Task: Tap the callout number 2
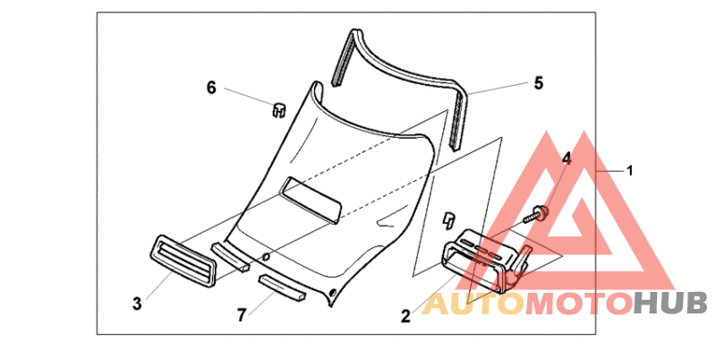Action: [x=405, y=315]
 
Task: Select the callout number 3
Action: [x=136, y=304]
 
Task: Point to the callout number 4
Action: [x=566, y=159]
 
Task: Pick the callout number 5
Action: [x=538, y=83]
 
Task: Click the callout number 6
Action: [x=211, y=87]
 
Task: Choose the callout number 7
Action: [x=241, y=315]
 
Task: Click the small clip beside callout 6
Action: [x=278, y=109]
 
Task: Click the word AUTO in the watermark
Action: [x=473, y=304]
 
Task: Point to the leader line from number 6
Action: [x=245, y=96]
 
